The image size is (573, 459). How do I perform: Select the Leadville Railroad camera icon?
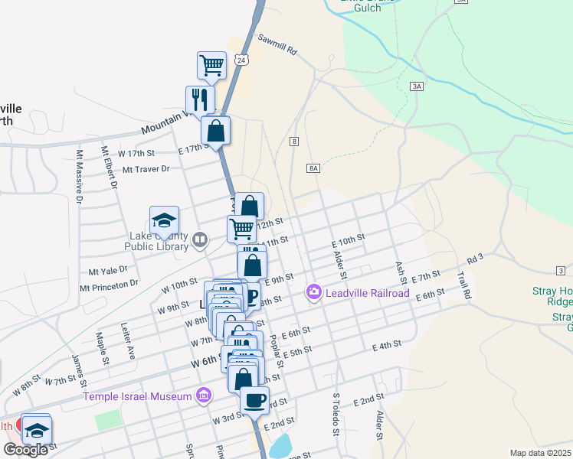(x=313, y=292)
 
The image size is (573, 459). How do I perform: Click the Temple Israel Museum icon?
(x=204, y=396)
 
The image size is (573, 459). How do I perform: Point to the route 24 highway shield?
(x=242, y=60)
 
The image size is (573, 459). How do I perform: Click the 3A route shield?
(x=417, y=86)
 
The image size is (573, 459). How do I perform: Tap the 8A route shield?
(x=313, y=168)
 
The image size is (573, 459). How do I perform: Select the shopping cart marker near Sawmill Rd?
(x=211, y=65)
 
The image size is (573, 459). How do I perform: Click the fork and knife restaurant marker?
(x=200, y=99)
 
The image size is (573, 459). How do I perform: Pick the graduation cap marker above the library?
(x=164, y=220)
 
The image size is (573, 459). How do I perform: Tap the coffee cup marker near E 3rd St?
(x=254, y=399)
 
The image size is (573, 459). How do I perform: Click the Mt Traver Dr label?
(x=145, y=169)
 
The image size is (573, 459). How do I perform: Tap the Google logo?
(x=25, y=450)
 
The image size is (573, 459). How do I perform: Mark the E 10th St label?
(x=348, y=240)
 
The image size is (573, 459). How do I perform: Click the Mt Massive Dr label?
(x=79, y=177)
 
